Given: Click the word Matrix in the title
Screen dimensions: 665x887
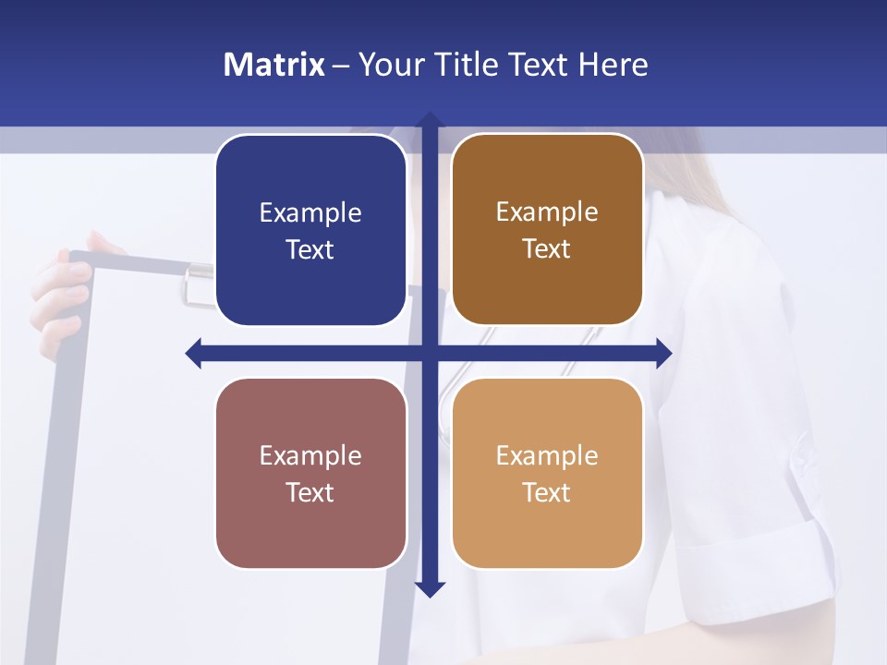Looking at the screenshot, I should [274, 65].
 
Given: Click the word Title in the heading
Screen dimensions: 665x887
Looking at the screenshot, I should [466, 65].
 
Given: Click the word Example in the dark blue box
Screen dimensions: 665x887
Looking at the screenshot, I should [310, 213].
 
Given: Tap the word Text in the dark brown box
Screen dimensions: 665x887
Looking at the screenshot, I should [546, 249].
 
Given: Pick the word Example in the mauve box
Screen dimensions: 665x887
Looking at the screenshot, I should [310, 456].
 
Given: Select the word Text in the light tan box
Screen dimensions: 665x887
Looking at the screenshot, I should [546, 492].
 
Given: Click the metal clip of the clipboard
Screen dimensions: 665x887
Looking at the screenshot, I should [197, 282].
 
